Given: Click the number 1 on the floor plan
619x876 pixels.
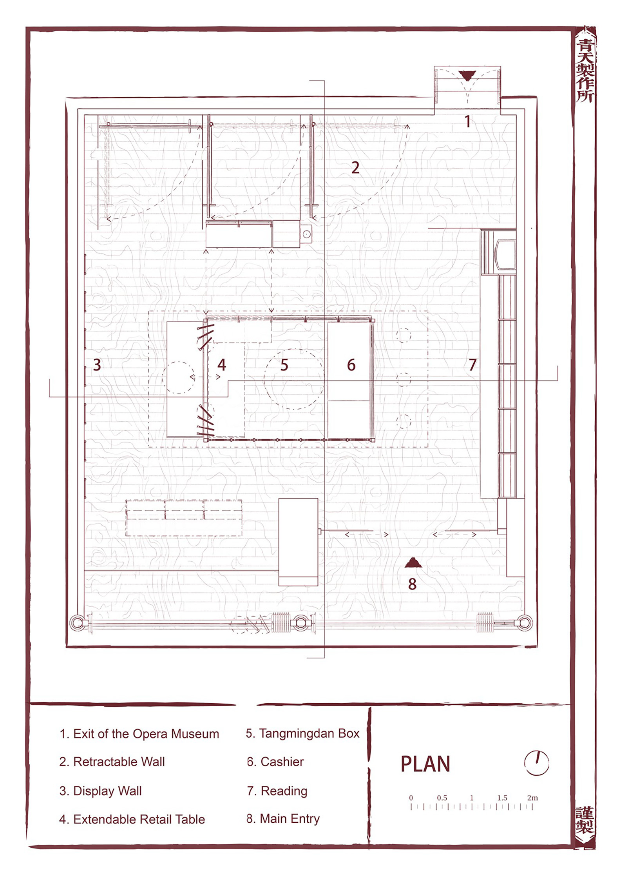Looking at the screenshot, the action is click(468, 122).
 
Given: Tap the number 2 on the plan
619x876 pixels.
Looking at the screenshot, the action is click(355, 168).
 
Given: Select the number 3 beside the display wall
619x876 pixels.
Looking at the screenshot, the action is click(97, 365).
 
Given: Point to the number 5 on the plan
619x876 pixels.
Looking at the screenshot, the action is click(284, 365).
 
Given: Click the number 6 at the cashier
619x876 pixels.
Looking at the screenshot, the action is click(351, 365).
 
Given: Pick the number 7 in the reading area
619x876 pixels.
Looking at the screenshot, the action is click(472, 365).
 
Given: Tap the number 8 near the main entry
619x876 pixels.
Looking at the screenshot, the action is click(412, 584).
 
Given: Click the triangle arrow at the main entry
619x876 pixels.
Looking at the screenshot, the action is click(413, 563).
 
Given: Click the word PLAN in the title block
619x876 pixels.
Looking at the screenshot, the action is click(425, 764).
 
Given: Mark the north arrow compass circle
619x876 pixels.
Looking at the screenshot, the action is click(536, 763).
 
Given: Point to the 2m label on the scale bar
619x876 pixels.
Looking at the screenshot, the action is click(532, 798).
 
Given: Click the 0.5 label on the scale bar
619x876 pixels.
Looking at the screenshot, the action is click(442, 798).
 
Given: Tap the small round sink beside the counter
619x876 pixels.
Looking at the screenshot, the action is click(307, 234).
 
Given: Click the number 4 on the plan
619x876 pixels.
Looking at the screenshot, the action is click(222, 365).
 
